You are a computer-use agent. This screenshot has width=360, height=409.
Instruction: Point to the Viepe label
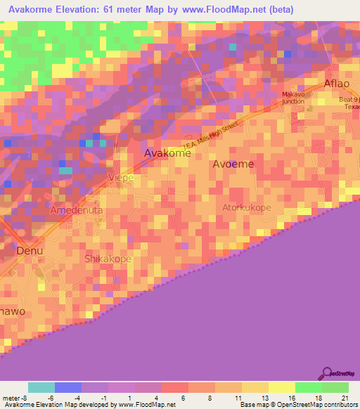pyautogui.click(x=120, y=178)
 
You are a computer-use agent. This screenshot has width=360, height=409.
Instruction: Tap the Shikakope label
pyautogui.click(x=108, y=259)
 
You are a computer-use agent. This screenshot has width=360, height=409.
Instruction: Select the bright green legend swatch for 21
pyautogui.click(x=335, y=387)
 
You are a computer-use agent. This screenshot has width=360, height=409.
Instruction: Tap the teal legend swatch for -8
pyautogui.click(x=41, y=387)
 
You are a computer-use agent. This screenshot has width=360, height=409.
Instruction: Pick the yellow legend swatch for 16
pyautogui.click(x=281, y=387)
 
